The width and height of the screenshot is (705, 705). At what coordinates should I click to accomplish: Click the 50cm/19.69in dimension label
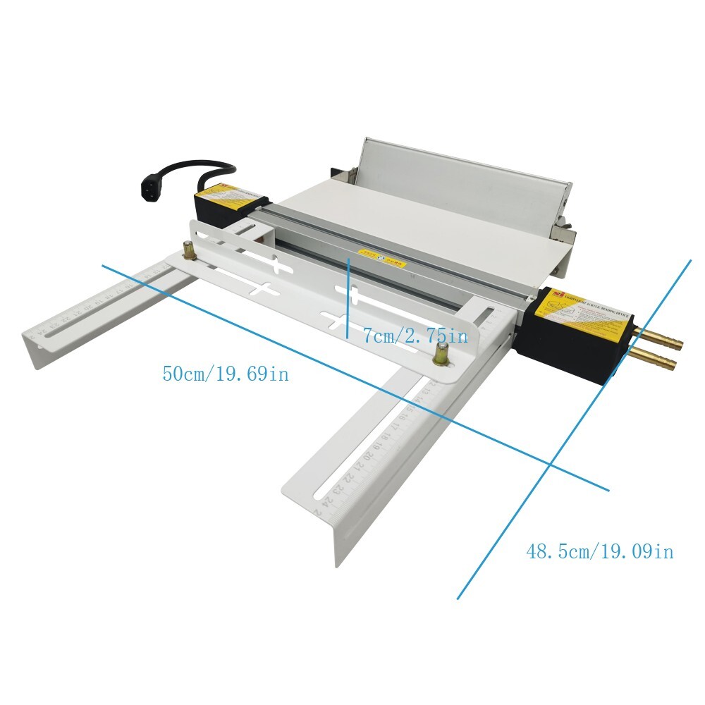point(226,374)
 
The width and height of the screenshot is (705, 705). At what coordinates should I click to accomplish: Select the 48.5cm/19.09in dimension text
point(599,551)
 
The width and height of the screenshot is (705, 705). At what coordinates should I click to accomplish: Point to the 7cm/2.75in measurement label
point(415,336)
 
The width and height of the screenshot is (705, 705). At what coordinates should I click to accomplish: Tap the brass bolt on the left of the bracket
point(189,250)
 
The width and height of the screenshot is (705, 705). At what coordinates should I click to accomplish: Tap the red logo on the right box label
point(560,294)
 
